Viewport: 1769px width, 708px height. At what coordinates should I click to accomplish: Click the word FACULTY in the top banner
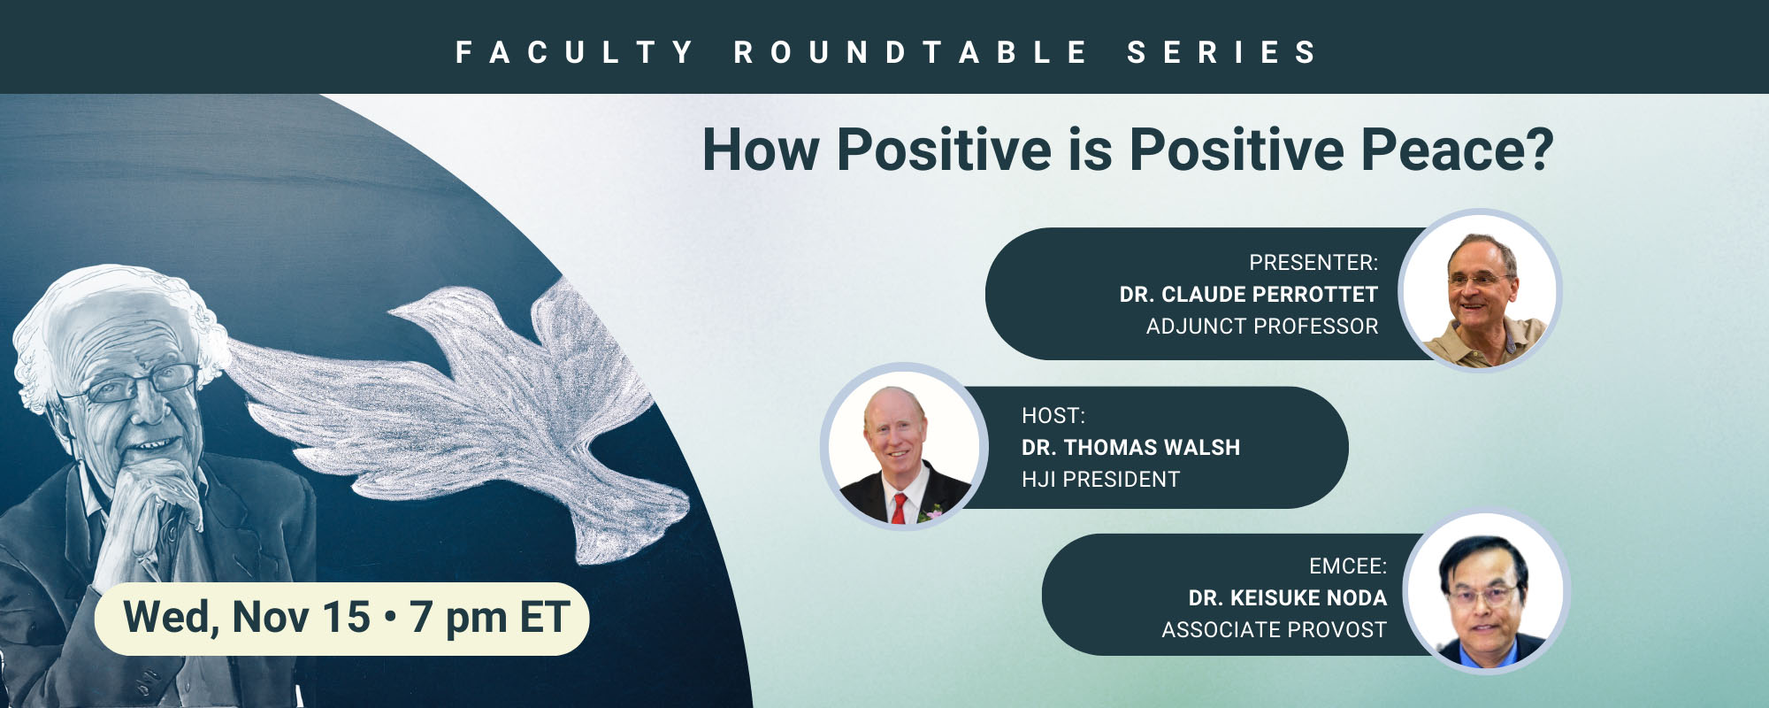tap(574, 52)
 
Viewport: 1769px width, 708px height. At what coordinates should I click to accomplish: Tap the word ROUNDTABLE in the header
tap(910, 52)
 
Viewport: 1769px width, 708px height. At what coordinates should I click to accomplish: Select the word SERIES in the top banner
tap(1222, 52)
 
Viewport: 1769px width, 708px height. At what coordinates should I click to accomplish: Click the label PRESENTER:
tap(1313, 263)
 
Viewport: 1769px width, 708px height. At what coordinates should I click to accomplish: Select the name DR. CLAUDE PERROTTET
tap(1249, 295)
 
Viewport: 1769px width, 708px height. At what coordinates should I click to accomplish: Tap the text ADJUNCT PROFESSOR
tap(1262, 327)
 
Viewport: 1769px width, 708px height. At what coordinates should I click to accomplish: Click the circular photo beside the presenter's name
tap(1480, 290)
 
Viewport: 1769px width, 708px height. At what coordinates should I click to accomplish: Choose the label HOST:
tap(1053, 416)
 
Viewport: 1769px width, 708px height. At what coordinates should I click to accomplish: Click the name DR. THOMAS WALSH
tap(1131, 448)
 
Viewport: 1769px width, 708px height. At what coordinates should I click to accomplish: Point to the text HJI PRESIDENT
tap(1101, 480)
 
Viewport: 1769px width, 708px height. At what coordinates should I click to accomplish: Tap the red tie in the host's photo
tap(899, 509)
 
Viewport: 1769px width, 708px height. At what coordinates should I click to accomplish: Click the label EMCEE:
tap(1348, 566)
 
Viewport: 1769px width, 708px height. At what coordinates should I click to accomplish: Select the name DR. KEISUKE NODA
tap(1288, 598)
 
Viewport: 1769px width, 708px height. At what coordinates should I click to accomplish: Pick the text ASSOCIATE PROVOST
tap(1275, 630)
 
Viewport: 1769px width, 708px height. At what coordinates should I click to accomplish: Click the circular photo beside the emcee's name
tap(1487, 590)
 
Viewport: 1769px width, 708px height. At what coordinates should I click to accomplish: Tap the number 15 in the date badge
tap(346, 617)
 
